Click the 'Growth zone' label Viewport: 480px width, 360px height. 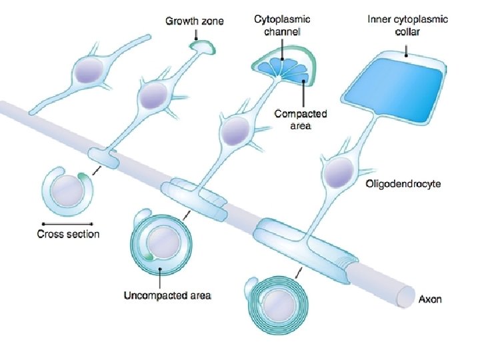click(x=195, y=21)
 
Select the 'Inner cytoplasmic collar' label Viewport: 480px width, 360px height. click(x=408, y=25)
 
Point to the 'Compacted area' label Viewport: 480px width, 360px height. click(x=292, y=119)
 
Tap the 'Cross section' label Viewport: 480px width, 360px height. click(x=68, y=234)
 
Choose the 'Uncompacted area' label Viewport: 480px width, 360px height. click(x=167, y=295)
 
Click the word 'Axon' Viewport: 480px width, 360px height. click(x=429, y=299)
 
